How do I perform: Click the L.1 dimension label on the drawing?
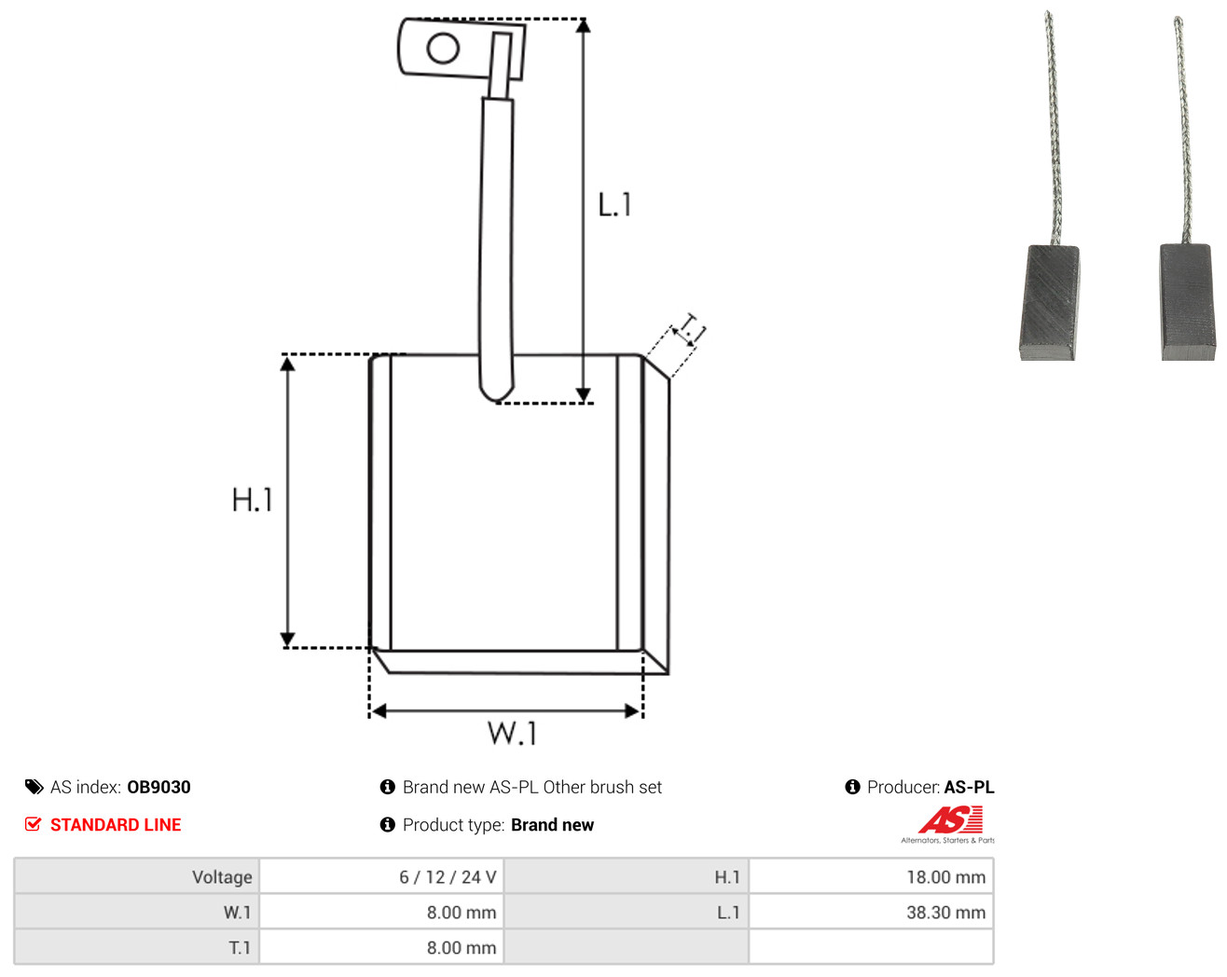click(x=614, y=205)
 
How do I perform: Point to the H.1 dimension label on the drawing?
click(x=252, y=500)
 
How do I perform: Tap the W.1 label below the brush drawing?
click(x=512, y=734)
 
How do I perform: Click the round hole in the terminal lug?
click(x=443, y=48)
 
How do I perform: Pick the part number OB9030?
click(x=159, y=787)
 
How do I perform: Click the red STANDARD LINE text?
click(x=116, y=825)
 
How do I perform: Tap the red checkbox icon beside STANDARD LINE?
click(x=33, y=824)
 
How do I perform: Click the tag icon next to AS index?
click(x=34, y=787)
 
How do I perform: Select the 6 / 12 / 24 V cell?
click(x=381, y=876)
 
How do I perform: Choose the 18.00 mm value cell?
click(x=871, y=876)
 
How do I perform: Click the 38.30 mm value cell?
click(x=871, y=913)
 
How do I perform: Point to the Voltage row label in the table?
click(x=222, y=877)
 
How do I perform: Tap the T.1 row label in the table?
click(x=240, y=948)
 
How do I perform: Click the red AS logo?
click(x=950, y=820)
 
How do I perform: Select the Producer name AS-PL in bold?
click(x=969, y=787)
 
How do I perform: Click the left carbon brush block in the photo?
click(x=1049, y=303)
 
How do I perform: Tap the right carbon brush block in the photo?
click(x=1188, y=302)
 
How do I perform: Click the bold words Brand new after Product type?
click(x=552, y=825)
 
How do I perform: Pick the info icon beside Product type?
click(x=387, y=825)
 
